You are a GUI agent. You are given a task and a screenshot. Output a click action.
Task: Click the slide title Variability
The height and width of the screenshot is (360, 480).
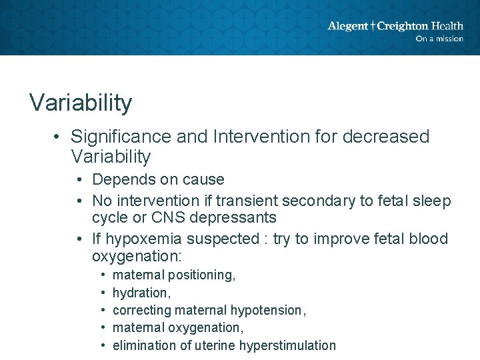(x=81, y=103)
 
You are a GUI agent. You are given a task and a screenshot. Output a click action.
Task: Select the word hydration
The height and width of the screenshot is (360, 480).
(x=139, y=293)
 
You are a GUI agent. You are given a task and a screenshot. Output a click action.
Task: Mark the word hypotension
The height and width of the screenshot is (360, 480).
(x=266, y=310)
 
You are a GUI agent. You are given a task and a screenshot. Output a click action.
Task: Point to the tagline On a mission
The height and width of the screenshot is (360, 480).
(x=439, y=39)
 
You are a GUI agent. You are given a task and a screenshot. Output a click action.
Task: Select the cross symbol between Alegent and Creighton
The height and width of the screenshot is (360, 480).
(x=373, y=26)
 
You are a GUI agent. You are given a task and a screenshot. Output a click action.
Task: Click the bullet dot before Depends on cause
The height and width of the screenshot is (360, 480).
(x=79, y=180)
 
